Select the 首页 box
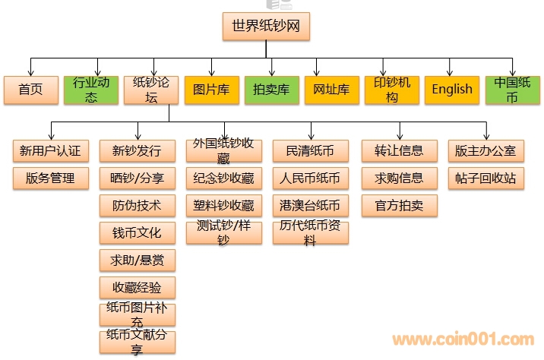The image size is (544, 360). point(30,90)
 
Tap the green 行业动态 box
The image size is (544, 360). point(91,90)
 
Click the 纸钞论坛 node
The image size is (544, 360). point(151,90)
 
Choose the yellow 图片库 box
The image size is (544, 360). point(211,90)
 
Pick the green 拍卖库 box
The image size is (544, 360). point(271,90)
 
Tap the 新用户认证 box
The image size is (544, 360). point(52,150)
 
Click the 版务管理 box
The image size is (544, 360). point(52,178)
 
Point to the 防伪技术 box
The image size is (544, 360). point(137,206)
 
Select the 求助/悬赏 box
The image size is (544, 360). point(137,261)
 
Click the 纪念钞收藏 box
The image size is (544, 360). point(223,178)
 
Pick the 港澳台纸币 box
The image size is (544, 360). point(310,206)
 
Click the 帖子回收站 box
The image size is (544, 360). point(485,178)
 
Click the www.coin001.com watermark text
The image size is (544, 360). point(463,339)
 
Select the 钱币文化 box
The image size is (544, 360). point(137,232)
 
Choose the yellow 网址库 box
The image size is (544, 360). point(331,90)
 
